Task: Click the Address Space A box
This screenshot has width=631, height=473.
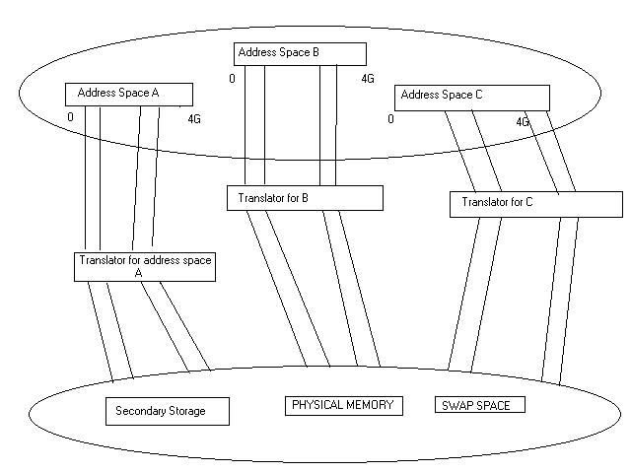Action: click(x=128, y=94)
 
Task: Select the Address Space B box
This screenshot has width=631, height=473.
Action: click(x=300, y=53)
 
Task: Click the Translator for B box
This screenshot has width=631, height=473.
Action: click(x=304, y=198)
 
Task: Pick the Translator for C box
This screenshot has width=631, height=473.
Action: click(x=536, y=204)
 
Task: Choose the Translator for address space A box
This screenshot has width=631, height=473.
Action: click(x=145, y=267)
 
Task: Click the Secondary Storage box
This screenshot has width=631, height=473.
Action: click(x=167, y=411)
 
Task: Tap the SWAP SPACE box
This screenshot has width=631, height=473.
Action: click(x=478, y=405)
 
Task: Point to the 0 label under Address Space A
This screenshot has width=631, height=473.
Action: click(x=70, y=117)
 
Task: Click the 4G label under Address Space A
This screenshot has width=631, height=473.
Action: click(x=194, y=119)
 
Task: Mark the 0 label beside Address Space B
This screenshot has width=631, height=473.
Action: click(x=232, y=78)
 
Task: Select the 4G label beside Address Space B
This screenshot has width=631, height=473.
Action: click(x=367, y=78)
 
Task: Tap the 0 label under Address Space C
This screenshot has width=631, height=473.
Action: click(x=390, y=119)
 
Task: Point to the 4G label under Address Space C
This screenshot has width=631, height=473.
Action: click(x=523, y=122)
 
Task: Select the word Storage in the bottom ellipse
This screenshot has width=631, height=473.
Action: click(x=186, y=411)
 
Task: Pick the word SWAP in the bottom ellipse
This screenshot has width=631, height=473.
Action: click(x=456, y=405)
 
